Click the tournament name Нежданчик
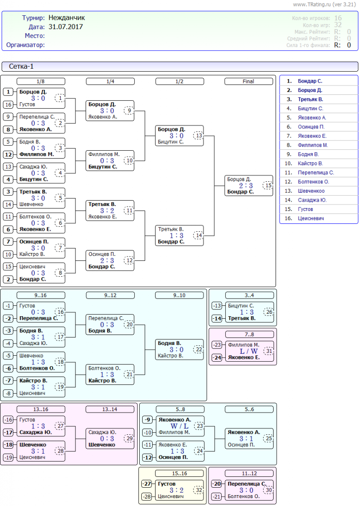[67, 18]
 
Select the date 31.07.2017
[66, 27]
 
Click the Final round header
[248, 81]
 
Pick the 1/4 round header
[110, 81]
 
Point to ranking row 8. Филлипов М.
[313, 145]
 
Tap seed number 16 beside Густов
[8, 105]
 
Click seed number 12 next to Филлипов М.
[8, 154]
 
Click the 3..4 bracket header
[249, 295]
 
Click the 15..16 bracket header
[179, 473]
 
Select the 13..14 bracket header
[110, 409]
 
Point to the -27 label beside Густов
[146, 483]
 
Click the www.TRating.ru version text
[324, 4]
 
